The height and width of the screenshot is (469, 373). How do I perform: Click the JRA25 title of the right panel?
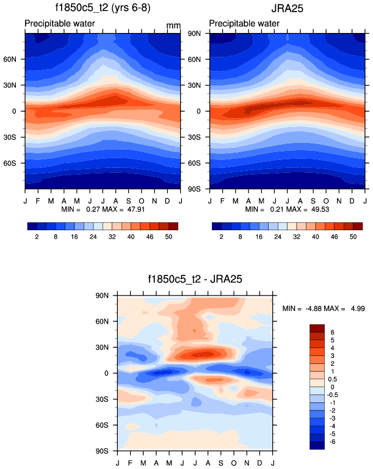point(288,9)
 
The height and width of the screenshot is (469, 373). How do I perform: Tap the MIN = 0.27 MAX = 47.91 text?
point(102,209)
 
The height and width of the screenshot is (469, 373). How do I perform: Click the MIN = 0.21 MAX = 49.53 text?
point(287,209)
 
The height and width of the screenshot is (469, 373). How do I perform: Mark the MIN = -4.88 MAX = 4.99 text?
point(324,309)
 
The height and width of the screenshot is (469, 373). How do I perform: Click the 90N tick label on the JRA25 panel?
point(195,33)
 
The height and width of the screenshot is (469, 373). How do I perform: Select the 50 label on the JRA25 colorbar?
point(352,235)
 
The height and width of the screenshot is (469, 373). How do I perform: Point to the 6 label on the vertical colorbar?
point(333,332)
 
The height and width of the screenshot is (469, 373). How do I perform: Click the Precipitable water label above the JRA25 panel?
point(244,24)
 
